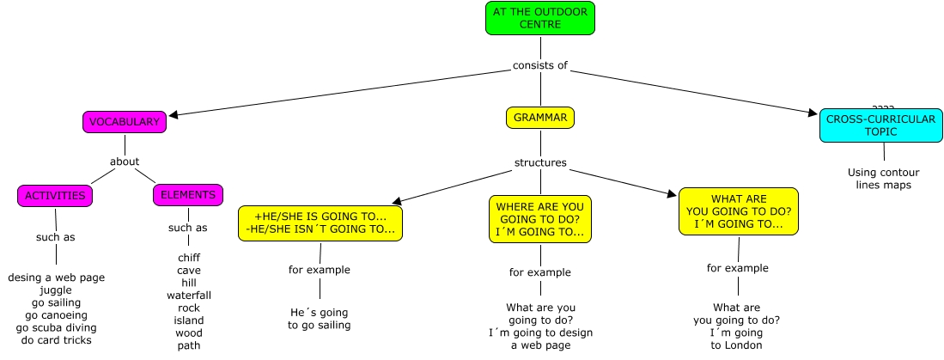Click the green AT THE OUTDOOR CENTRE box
pyautogui.click(x=539, y=18)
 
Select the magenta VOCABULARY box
pyautogui.click(x=125, y=122)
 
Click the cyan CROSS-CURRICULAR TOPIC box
pyautogui.click(x=880, y=125)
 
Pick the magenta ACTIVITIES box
pyautogui.click(x=55, y=196)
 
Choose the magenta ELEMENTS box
pyautogui.click(x=188, y=195)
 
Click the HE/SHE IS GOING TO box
pyautogui.click(x=320, y=223)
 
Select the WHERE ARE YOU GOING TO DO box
pyautogui.click(x=540, y=219)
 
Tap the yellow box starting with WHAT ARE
pyautogui.click(x=738, y=211)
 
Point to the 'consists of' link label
pyautogui.click(x=540, y=65)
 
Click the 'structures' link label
pyautogui.click(x=540, y=162)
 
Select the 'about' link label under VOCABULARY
pyautogui.click(x=125, y=161)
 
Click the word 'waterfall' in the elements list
pyautogui.click(x=189, y=296)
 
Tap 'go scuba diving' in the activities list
pyautogui.click(x=57, y=327)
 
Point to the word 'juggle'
pyautogui.click(x=56, y=290)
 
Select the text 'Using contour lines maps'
pyautogui.click(x=884, y=178)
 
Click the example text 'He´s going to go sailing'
pyautogui.click(x=320, y=319)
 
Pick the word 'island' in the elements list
pyautogui.click(x=189, y=320)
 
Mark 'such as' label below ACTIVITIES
pyautogui.click(x=55, y=237)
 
